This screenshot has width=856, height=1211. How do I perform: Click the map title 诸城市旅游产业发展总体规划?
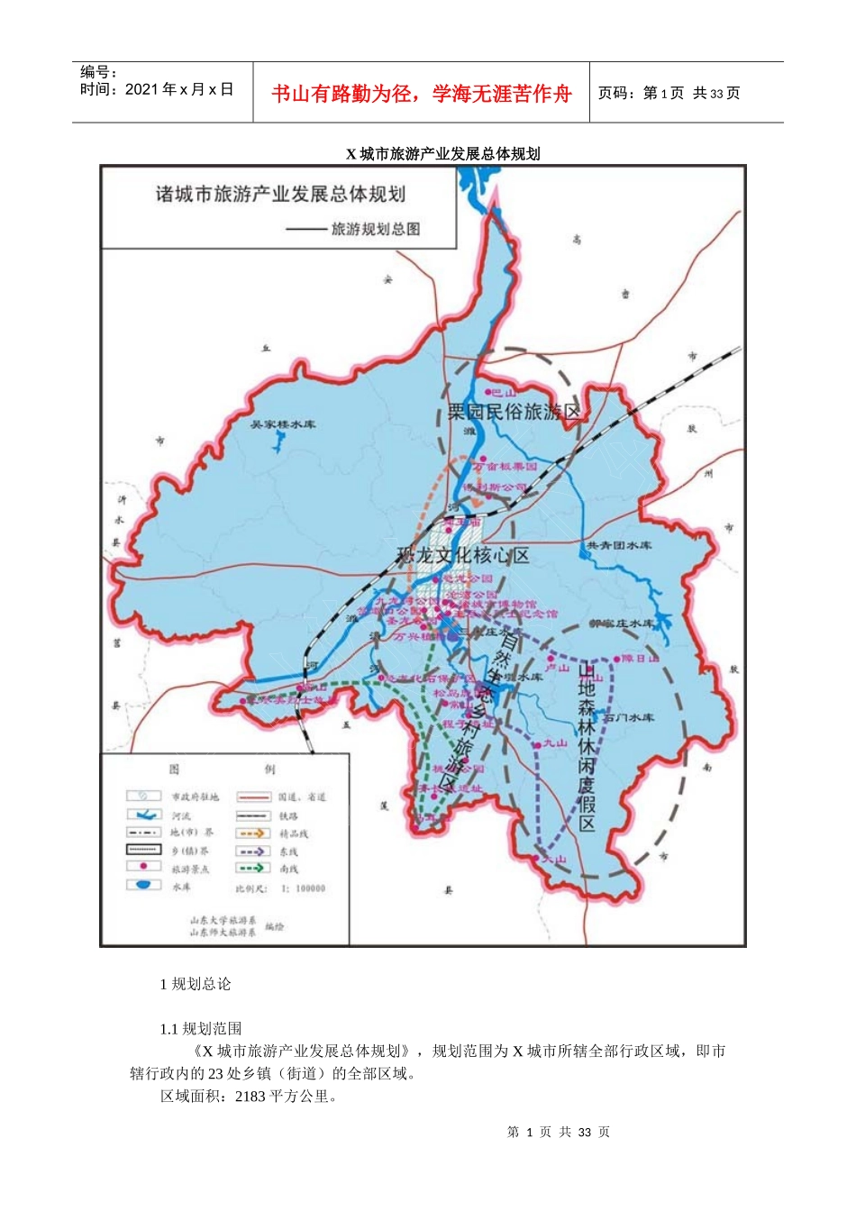click(280, 195)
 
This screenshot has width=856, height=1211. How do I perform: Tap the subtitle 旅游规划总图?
click(375, 229)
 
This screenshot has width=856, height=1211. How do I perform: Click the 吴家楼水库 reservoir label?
click(283, 424)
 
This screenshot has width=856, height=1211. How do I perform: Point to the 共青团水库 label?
click(619, 545)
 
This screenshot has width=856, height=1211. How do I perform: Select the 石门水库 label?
click(629, 718)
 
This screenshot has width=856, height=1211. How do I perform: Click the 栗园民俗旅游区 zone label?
click(515, 413)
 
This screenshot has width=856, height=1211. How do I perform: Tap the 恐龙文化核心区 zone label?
click(463, 555)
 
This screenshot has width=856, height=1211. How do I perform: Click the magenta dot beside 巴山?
click(487, 393)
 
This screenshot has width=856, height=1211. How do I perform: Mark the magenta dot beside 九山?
click(538, 744)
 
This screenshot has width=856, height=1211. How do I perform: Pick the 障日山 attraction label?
click(640, 659)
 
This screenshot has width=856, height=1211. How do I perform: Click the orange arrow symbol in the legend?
click(253, 833)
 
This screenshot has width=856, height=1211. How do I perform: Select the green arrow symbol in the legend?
click(253, 869)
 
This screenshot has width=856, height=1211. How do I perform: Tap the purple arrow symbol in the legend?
click(253, 851)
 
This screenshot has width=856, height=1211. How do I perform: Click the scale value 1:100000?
click(304, 888)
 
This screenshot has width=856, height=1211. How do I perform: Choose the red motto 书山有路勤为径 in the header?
click(422, 94)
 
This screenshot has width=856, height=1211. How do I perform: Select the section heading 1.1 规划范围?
click(201, 1029)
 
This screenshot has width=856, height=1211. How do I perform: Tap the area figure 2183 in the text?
click(250, 1097)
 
